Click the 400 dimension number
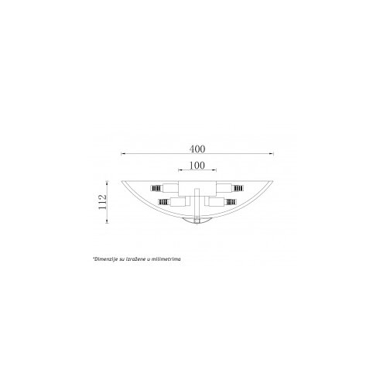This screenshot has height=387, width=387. click(x=197, y=149)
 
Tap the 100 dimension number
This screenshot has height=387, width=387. click(x=197, y=166)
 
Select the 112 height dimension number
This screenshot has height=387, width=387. click(x=102, y=202)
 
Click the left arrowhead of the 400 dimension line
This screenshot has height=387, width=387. click(x=123, y=154)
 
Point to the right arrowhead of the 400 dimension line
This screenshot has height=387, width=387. click(x=272, y=154)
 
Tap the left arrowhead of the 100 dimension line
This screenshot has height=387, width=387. click(x=180, y=170)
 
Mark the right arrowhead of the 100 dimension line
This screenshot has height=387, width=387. click(x=214, y=170)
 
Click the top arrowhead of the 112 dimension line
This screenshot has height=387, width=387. click(x=107, y=183)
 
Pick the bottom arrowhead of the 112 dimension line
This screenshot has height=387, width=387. click(x=107, y=221)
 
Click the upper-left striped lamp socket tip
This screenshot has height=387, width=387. click(x=156, y=188)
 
